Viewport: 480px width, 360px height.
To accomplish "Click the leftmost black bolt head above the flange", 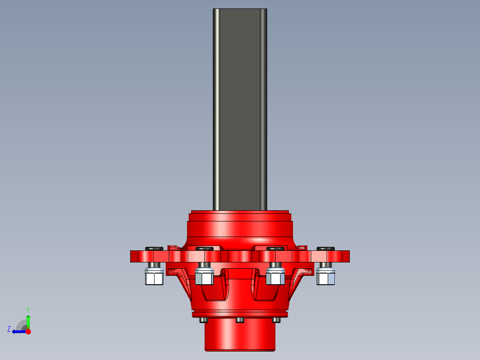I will pos(154,248).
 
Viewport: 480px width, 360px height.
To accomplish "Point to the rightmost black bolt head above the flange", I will pos(325,248).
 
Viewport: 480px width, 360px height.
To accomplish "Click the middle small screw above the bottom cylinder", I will pos(240,320).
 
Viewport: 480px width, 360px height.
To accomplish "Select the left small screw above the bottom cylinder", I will pos(203,320).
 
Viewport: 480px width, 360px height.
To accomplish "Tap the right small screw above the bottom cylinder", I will pos(276,320).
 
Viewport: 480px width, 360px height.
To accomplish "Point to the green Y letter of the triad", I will pos(28,309).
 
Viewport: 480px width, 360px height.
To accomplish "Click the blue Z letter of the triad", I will pos(9,329).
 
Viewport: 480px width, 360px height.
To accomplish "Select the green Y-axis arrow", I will pos(28,321).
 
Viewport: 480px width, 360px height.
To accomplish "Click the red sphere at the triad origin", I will pos(28,331).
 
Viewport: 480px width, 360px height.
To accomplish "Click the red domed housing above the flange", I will pos(240,229).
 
